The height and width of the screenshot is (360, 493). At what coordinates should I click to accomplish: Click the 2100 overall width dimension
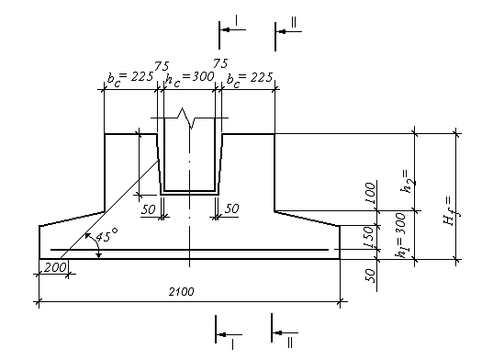182,292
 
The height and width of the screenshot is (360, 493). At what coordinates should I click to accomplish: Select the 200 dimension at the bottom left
55,267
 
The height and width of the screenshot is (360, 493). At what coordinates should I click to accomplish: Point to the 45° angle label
106,235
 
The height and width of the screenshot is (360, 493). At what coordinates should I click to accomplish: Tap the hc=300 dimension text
190,79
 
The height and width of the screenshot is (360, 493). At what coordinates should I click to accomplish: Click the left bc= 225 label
130,79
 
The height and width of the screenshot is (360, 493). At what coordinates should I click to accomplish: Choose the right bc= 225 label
250,79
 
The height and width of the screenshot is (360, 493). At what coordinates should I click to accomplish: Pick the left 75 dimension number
162,66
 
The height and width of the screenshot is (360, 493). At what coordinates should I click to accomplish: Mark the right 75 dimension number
220,63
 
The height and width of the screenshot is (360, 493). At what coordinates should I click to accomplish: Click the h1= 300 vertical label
401,235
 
